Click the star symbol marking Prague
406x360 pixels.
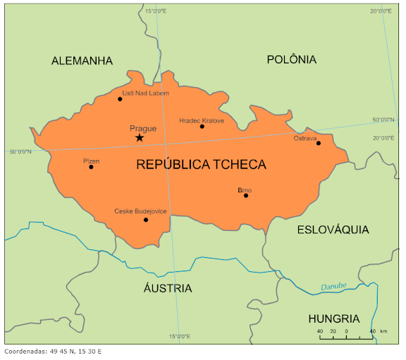(x=139, y=137)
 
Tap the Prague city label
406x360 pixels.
(x=143, y=128)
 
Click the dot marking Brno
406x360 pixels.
(x=246, y=195)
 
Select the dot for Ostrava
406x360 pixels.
(x=319, y=143)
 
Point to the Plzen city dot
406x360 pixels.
(x=91, y=166)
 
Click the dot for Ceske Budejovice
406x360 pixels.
(x=146, y=220)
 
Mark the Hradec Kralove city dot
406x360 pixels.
(x=202, y=127)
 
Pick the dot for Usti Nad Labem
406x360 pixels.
(x=120, y=99)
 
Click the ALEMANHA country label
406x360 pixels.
(x=82, y=61)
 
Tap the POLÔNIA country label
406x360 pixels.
(x=291, y=60)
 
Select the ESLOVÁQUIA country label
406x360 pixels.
(x=333, y=230)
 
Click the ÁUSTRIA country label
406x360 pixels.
(x=168, y=288)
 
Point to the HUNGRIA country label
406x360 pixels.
(x=334, y=318)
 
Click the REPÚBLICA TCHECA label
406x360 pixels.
(x=201, y=165)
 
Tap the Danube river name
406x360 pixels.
(x=334, y=287)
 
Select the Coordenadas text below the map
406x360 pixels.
(x=53, y=351)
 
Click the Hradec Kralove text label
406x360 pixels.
(x=202, y=120)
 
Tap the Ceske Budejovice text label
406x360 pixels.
(x=140, y=211)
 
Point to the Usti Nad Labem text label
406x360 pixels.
(x=145, y=93)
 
